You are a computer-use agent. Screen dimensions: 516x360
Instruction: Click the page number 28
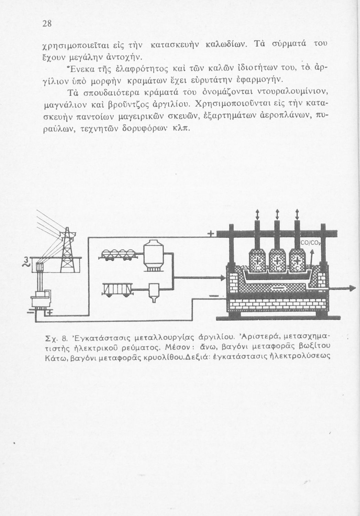pos(47,24)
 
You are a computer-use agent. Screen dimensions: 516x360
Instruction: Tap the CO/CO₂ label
pos(310,243)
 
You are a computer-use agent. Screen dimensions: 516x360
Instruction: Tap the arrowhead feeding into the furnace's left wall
pos(222,277)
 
